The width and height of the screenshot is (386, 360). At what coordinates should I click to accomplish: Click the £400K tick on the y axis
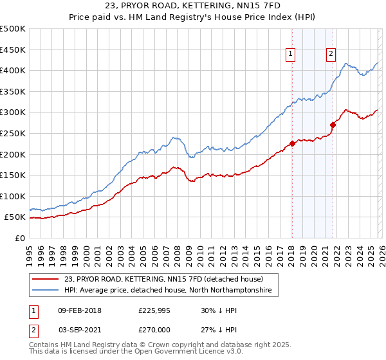[x=13, y=71]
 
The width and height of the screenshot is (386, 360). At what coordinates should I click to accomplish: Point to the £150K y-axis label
[x=13, y=175]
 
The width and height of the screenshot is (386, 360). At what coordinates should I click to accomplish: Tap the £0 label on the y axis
[x=21, y=238]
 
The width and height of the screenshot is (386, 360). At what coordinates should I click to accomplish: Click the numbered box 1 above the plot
[x=291, y=55]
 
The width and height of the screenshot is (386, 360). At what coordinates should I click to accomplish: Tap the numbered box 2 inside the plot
[x=331, y=55]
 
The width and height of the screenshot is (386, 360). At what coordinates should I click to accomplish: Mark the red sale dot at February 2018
[x=292, y=143]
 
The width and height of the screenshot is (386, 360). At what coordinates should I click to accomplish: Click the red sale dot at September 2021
[x=333, y=125]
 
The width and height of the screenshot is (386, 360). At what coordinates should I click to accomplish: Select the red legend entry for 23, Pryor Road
[x=164, y=280]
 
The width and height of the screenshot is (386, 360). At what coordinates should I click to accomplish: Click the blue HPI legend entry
[x=168, y=291]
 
